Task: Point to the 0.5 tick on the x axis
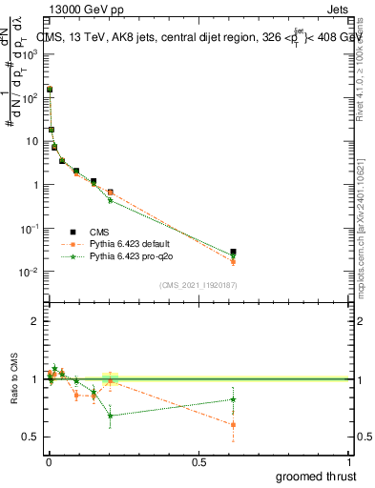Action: tap(198, 460)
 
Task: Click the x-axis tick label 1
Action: tap(350, 460)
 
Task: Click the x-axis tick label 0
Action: tap(49, 460)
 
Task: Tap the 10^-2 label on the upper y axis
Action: tap(28, 273)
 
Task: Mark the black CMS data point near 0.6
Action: tap(233, 253)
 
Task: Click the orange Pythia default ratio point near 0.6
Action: tap(233, 425)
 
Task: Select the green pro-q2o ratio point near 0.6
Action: tap(233, 399)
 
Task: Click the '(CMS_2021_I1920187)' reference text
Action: tap(198, 284)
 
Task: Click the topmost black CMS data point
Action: tap(50, 89)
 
